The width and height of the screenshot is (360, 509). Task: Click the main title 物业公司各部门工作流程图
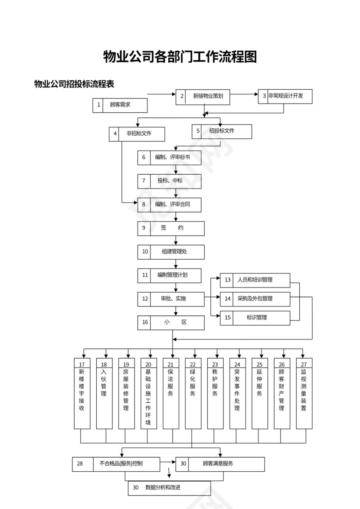click(180, 56)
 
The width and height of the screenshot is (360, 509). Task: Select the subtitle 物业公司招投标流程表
click(74, 84)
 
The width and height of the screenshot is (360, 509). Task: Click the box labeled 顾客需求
click(120, 105)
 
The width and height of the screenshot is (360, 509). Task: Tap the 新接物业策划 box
click(203, 97)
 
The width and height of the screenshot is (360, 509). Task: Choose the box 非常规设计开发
click(285, 96)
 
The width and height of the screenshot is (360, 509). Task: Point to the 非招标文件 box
click(137, 134)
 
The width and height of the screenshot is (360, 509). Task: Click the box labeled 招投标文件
click(222, 131)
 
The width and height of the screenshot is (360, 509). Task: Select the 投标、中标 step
click(170, 181)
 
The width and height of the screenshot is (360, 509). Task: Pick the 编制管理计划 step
click(170, 275)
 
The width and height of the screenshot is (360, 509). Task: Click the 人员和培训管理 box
click(255, 280)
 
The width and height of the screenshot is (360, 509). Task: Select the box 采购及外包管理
click(255, 299)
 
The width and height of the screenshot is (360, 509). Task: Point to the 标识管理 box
click(255, 318)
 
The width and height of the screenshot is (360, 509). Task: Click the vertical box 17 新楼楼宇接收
click(82, 393)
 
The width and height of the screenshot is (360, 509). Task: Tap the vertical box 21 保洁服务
click(171, 393)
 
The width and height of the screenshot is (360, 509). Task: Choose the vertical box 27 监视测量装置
click(304, 393)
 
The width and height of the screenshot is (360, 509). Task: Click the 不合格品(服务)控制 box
click(116, 464)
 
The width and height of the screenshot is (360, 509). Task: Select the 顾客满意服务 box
click(220, 464)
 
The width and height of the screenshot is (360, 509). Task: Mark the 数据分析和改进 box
click(169, 488)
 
